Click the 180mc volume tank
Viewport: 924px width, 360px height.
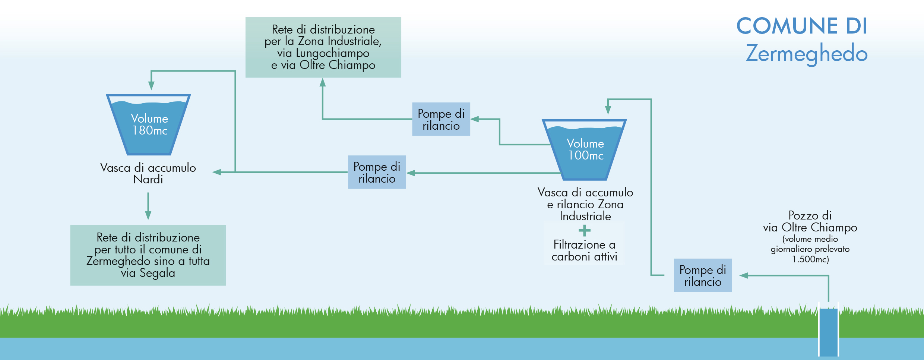149,125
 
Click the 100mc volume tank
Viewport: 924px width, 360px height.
585,150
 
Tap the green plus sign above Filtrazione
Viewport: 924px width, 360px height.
585,231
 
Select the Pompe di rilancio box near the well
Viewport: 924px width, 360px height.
703,275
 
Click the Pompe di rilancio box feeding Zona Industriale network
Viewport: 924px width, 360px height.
441,119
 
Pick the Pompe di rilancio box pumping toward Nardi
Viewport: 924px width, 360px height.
377,172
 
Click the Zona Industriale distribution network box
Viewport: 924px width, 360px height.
323,47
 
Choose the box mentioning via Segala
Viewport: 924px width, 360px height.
148,255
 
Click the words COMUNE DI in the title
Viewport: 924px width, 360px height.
802,26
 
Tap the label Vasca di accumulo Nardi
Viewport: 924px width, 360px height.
148,174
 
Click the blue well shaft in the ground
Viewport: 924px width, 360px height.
829,332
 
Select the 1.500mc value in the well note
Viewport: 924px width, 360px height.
810,259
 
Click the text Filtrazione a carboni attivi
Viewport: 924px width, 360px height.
584,250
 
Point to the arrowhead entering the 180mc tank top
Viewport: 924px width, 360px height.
151,85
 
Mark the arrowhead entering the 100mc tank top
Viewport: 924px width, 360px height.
608,110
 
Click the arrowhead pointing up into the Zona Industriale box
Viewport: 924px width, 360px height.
323,83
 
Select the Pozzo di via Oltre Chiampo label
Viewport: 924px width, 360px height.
810,221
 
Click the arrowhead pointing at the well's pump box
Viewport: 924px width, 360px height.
744,275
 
